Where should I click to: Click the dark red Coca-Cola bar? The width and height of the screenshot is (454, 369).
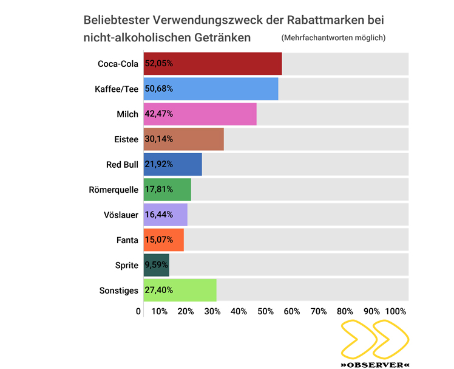(212, 64)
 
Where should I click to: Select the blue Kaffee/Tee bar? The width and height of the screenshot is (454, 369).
(211, 89)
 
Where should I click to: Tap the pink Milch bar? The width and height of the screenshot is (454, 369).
(200, 114)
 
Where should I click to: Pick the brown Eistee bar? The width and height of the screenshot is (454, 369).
(183, 139)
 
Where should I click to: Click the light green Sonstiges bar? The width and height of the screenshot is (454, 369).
(180, 290)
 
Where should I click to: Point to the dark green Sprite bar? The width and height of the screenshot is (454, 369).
(156, 265)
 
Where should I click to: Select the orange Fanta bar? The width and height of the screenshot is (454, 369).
(163, 240)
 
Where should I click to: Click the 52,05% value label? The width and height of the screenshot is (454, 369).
(159, 64)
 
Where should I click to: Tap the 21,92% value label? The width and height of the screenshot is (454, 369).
(159, 164)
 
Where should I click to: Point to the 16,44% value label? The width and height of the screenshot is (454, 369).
(159, 215)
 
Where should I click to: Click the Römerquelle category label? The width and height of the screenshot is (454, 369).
(113, 189)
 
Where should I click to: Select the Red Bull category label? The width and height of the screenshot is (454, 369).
(122, 164)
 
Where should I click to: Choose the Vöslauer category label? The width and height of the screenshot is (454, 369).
(121, 215)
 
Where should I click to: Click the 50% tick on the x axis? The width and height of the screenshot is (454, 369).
(265, 311)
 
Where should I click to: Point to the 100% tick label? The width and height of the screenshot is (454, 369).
(396, 311)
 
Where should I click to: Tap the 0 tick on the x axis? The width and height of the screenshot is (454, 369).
(138, 311)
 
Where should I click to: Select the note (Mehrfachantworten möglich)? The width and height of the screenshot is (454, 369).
(333, 38)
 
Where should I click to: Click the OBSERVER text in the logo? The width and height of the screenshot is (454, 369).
(374, 364)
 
